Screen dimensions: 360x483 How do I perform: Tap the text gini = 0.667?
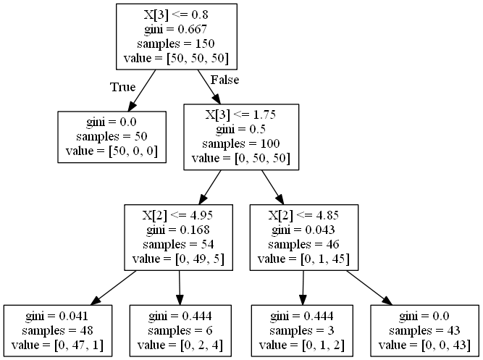pos(177,29)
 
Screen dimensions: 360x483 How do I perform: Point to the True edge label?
pos(122,87)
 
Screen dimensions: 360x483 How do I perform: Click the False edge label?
pos(224,79)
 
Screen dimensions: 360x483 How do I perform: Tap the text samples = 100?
pos(241,143)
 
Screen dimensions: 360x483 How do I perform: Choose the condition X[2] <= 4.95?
pos(179,216)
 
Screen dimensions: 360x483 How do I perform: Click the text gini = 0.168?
pos(179,230)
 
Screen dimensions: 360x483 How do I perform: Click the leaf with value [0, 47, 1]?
pos(59,331)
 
